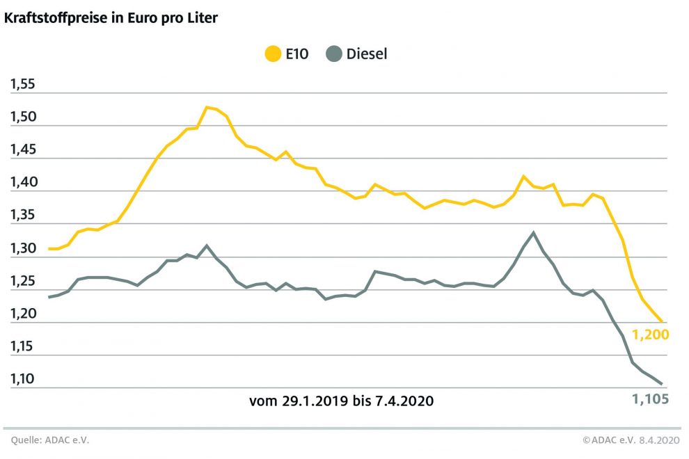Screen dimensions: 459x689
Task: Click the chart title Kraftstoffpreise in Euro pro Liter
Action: [111, 18]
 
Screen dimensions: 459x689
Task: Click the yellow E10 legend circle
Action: [274, 54]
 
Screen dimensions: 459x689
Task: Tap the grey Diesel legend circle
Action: [334, 54]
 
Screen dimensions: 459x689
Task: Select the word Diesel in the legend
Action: [367, 54]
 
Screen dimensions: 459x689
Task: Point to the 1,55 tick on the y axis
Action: [23, 85]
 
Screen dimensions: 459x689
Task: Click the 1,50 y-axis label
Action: [23, 118]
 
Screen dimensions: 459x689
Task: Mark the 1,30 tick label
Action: [23, 249]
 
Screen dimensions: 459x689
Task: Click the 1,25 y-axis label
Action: [23, 282]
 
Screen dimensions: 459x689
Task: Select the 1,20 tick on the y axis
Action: [23, 314]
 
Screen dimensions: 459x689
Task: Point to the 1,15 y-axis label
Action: [23, 347]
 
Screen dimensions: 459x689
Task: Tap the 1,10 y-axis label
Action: [23, 380]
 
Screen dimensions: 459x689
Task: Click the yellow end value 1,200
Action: [650, 335]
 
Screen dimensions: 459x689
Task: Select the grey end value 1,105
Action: [650, 399]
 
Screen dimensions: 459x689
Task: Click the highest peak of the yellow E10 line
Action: [207, 107]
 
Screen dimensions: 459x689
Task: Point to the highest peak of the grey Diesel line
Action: [533, 232]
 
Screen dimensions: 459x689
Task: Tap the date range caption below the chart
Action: [341, 401]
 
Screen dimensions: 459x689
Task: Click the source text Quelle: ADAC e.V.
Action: [50, 440]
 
